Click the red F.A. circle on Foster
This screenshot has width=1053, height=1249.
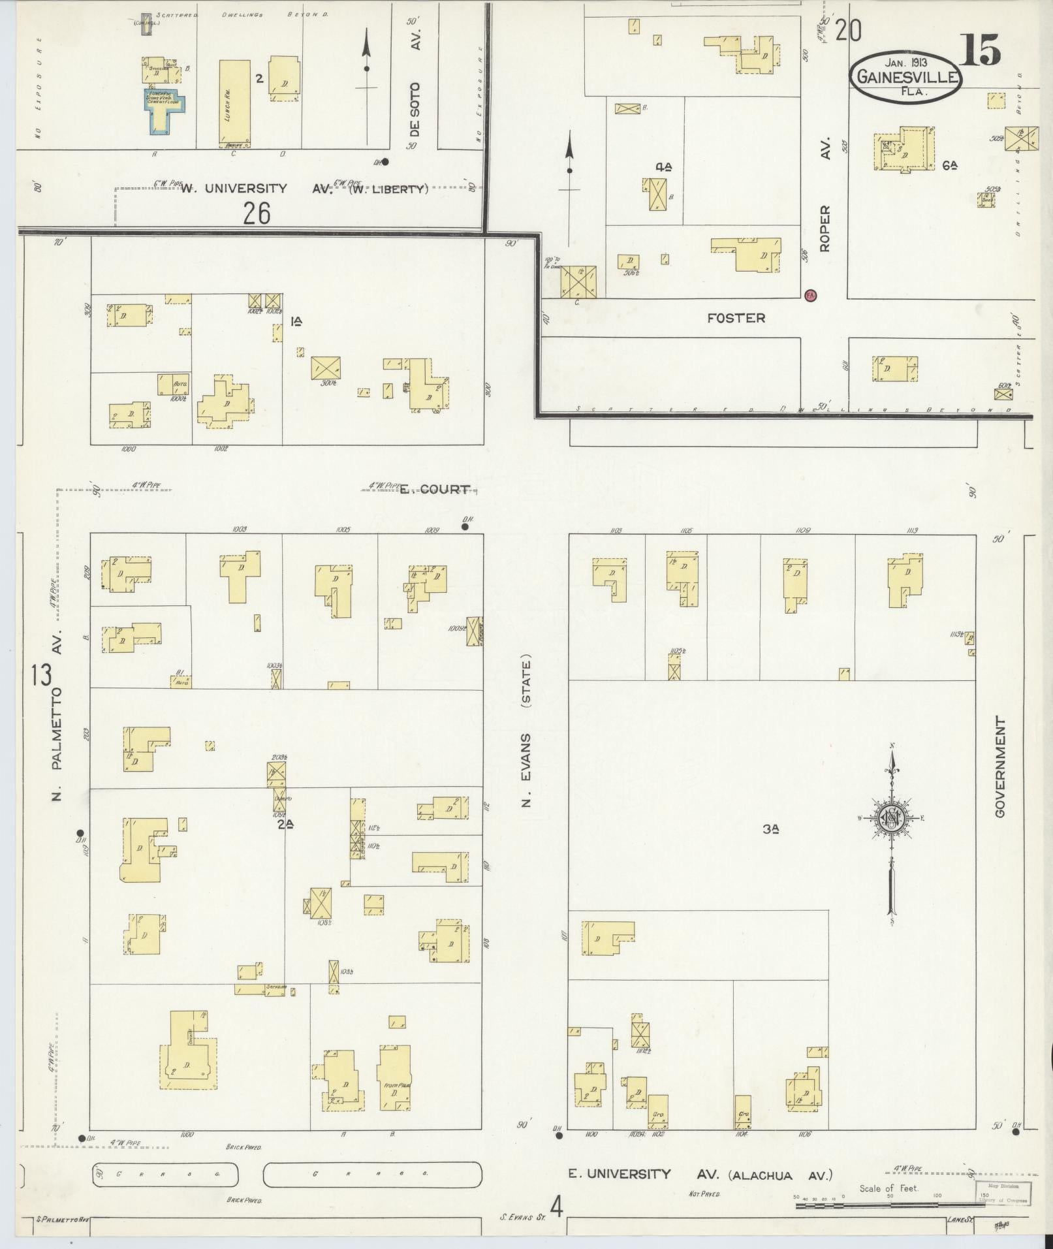point(811,295)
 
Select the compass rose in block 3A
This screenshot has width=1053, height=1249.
point(892,819)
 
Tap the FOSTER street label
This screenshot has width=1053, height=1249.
point(736,318)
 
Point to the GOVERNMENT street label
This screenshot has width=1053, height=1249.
point(999,767)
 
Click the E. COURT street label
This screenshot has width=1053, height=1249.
point(434,489)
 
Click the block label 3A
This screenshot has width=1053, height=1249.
point(771,830)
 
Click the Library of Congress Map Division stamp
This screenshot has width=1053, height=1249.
point(1005,1192)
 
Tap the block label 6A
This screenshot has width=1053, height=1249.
point(949,166)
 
